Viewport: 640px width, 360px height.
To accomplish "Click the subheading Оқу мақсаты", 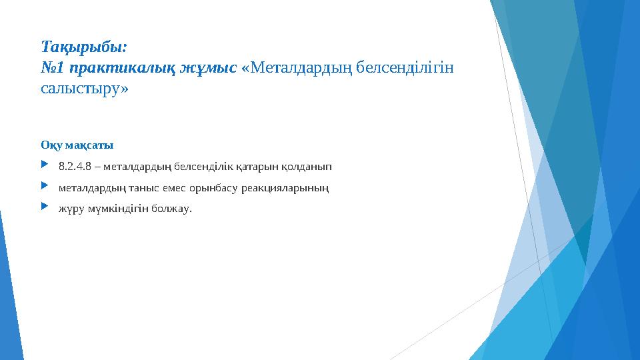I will tap(77, 145).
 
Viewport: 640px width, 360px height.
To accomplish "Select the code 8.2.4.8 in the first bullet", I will tap(73, 165).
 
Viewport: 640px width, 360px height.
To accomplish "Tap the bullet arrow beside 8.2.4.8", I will tap(44, 164).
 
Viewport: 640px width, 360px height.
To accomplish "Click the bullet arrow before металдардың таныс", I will tap(44, 186).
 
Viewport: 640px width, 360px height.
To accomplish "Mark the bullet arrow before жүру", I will tap(44, 207).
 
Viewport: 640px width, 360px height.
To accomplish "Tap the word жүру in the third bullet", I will tap(69, 209).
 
